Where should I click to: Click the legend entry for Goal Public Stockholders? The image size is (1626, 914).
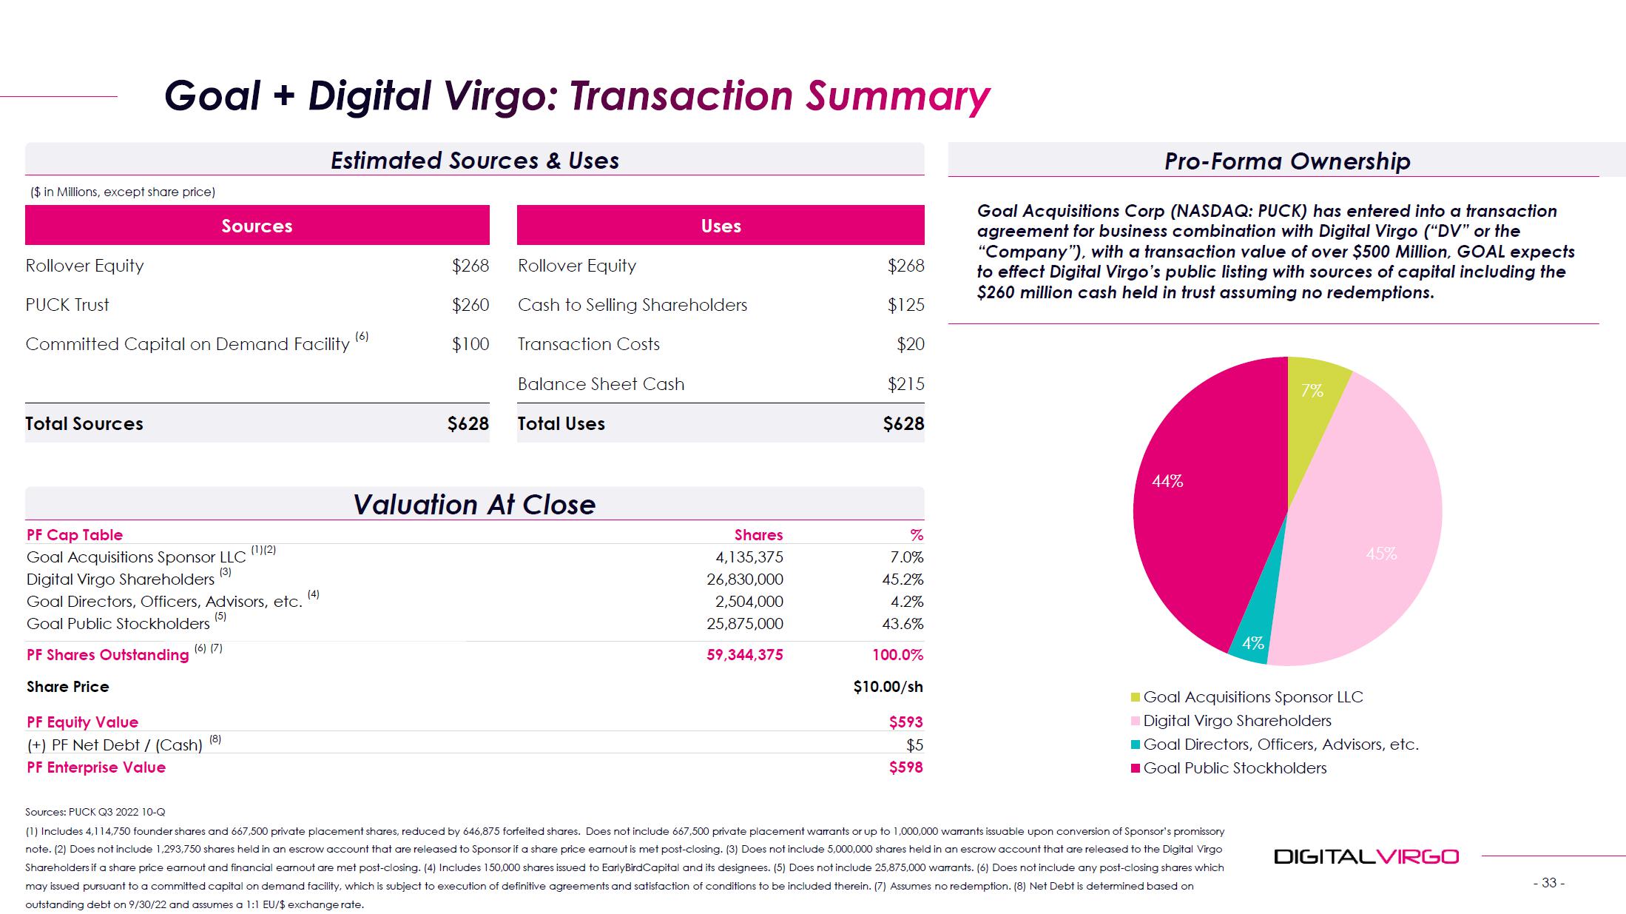(x=1234, y=768)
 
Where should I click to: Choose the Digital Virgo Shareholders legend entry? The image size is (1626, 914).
(x=1236, y=721)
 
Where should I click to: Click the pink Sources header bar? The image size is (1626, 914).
(x=257, y=225)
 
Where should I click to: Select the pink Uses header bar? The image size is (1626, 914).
(x=721, y=225)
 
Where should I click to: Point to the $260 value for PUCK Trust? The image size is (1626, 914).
(x=470, y=305)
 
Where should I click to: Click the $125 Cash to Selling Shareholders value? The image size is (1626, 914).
(x=905, y=305)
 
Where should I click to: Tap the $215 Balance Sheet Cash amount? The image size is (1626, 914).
(x=905, y=384)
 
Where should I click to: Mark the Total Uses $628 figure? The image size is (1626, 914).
(x=903, y=424)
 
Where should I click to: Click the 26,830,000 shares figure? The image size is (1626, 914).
(x=744, y=579)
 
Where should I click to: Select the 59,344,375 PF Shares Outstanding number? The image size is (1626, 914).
(x=744, y=655)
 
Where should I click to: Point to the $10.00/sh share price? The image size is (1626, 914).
(x=888, y=687)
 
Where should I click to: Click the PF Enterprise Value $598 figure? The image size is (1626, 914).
(x=905, y=767)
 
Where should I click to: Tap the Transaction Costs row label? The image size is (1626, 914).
(x=588, y=344)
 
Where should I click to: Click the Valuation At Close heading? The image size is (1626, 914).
(x=474, y=505)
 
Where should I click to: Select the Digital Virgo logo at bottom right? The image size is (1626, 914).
(x=1366, y=857)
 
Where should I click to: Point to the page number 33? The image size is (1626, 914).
(x=1548, y=883)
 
